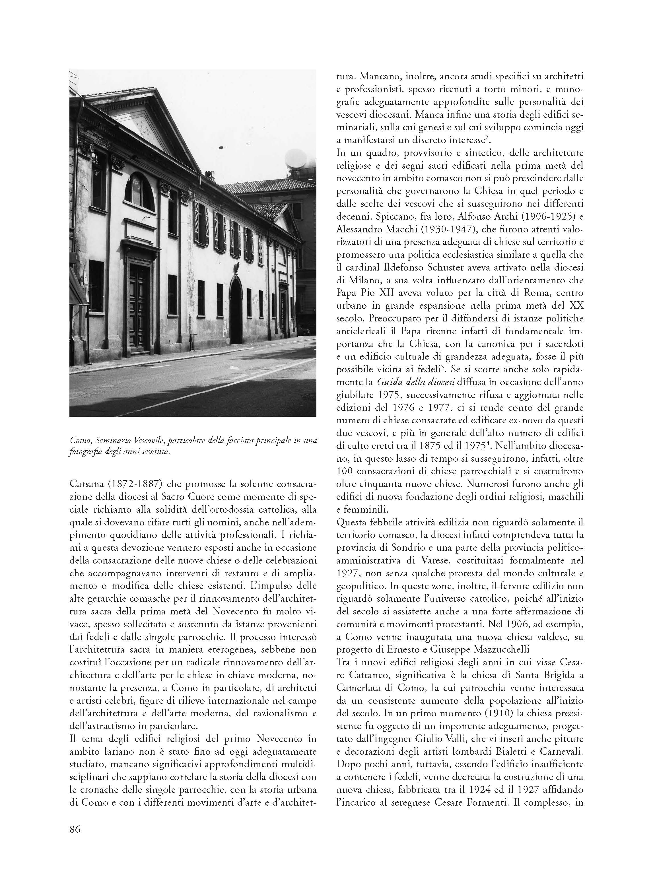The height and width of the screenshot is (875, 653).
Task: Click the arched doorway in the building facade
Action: pyautogui.click(x=236, y=311)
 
